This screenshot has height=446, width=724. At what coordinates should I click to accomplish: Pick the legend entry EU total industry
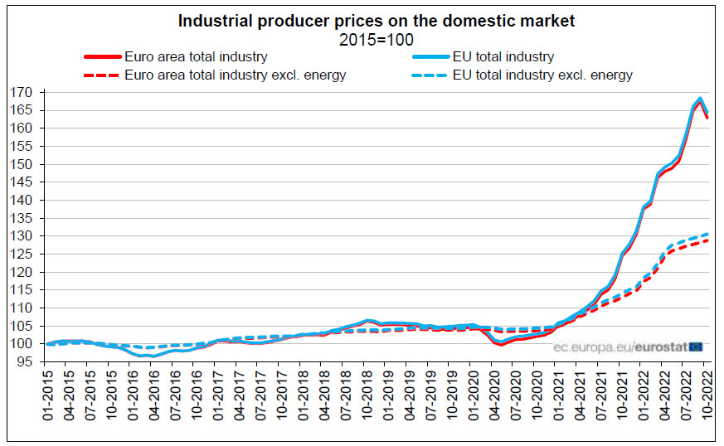click(503, 57)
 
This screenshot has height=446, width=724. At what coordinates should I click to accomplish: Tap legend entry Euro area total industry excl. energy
click(235, 75)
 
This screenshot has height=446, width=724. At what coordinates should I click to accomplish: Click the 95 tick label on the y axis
click(25, 361)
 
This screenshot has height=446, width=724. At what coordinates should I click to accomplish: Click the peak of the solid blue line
click(700, 99)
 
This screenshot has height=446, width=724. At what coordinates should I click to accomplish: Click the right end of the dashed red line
click(707, 240)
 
